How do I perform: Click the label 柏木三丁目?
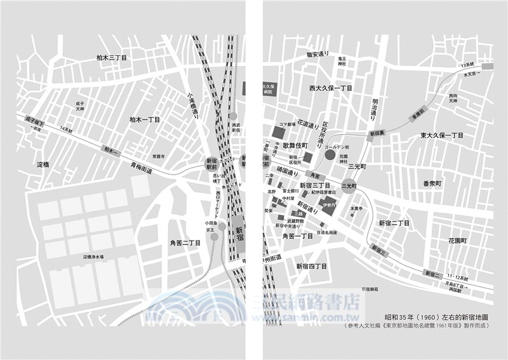point(112,58)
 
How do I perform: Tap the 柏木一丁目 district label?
point(144,119)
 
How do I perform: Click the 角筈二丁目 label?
point(185,243)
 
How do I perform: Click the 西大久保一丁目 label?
point(331,88)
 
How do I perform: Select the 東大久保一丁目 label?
point(442,136)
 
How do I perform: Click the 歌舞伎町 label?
point(296,145)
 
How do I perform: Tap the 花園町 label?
point(457,241)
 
